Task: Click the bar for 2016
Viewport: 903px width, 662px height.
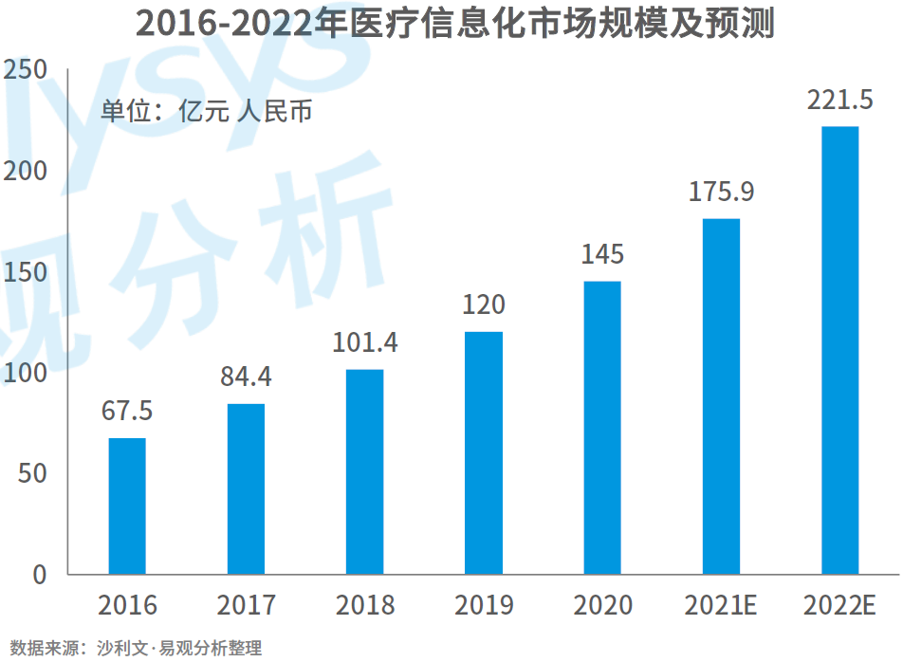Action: pyautogui.click(x=127, y=506)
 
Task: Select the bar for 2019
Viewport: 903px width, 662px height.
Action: pyautogui.click(x=484, y=452)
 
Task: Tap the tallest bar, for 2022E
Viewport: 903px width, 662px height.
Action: pyautogui.click(x=839, y=350)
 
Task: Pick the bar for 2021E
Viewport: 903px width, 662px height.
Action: pyautogui.click(x=721, y=396)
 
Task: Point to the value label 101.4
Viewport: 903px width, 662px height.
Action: pyautogui.click(x=365, y=342)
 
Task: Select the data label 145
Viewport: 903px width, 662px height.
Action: pyautogui.click(x=602, y=254)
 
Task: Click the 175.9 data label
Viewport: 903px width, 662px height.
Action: pyautogui.click(x=721, y=192)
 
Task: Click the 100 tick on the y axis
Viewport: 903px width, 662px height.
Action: pyautogui.click(x=26, y=373)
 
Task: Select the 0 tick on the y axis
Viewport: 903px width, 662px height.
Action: pyautogui.click(x=39, y=574)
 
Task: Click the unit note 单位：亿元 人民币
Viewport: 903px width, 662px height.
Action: pyautogui.click(x=207, y=111)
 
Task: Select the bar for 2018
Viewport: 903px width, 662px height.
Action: pyautogui.click(x=365, y=471)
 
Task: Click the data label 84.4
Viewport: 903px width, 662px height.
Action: pyautogui.click(x=246, y=377)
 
